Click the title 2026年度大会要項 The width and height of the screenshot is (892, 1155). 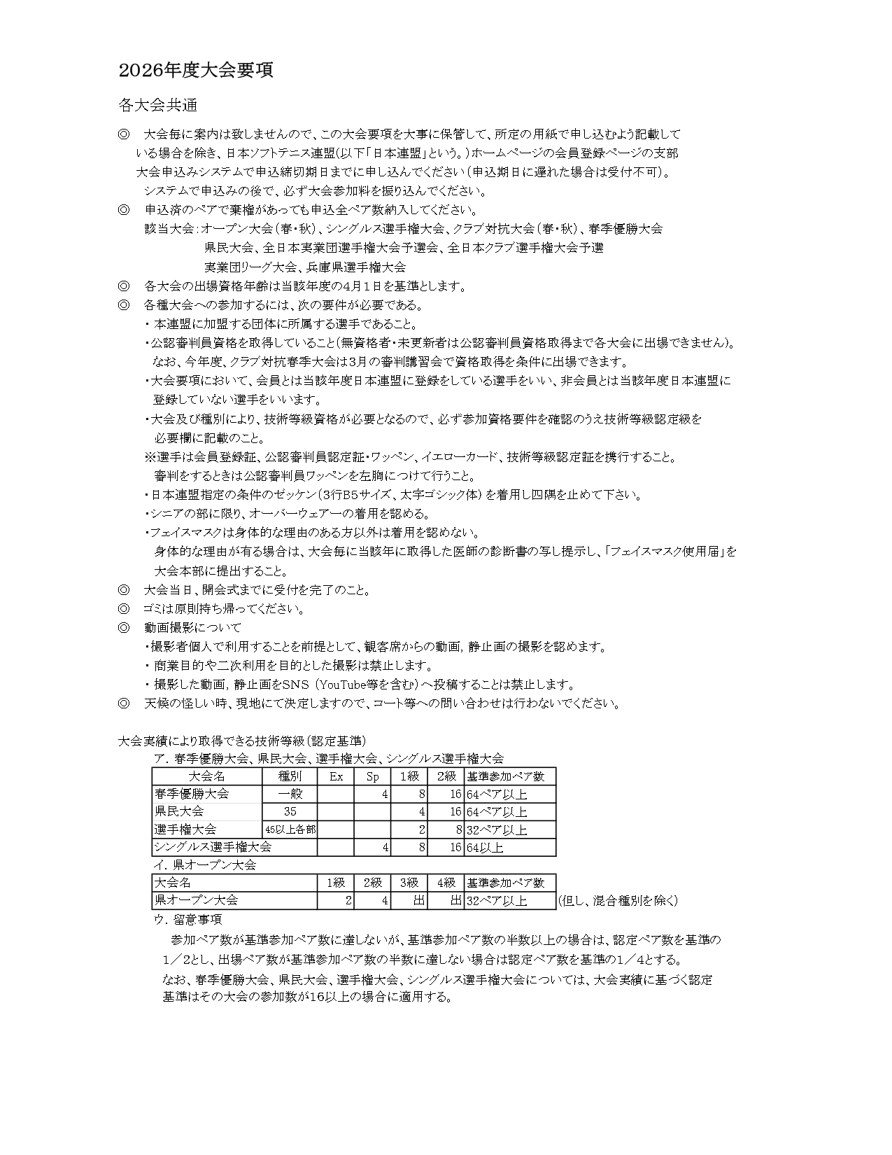(196, 70)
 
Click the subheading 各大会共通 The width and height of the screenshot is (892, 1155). (158, 106)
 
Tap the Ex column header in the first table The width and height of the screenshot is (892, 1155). (336, 776)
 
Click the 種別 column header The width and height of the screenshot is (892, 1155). (290, 776)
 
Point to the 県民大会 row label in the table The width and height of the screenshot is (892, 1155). (180, 811)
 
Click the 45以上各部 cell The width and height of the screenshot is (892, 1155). (290, 829)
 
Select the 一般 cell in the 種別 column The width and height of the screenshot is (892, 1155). (290, 794)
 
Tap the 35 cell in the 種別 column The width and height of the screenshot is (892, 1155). (290, 811)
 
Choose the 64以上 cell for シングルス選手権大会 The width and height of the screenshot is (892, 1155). (486, 848)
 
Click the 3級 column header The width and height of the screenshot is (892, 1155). (409, 883)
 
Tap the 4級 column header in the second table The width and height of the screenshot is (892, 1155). (446, 883)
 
